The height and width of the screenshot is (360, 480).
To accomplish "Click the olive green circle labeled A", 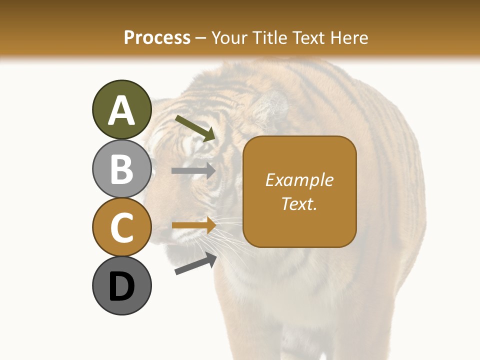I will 121,109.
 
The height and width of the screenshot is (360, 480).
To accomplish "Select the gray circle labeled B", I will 121,168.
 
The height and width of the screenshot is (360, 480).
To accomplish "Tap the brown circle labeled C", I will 121,227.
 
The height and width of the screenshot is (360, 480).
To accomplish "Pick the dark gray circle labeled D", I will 121,285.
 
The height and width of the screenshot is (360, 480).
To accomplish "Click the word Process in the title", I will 157,37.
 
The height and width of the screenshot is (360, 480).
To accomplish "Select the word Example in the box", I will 299,180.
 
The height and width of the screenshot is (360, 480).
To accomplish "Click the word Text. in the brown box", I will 299,203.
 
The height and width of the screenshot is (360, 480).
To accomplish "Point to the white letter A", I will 121,110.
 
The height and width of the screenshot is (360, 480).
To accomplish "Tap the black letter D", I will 121,287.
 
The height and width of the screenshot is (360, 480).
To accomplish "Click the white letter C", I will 121,228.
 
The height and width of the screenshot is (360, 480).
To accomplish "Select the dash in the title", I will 201,38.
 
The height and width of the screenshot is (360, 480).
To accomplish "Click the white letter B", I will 121,169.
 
